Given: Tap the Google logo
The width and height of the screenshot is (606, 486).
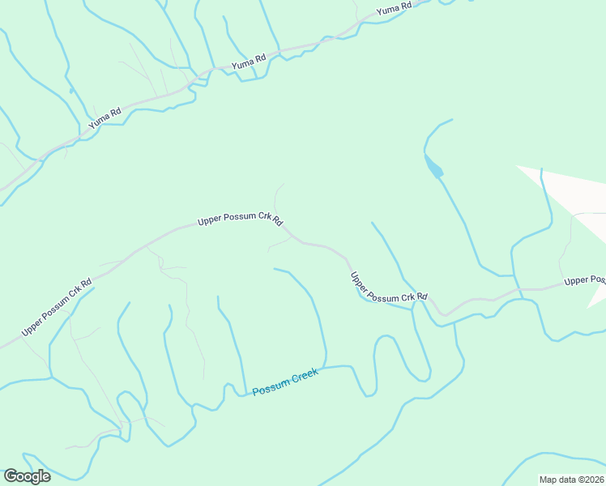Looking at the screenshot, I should [27, 476].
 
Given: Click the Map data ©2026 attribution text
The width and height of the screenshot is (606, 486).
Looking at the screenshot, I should [571, 480].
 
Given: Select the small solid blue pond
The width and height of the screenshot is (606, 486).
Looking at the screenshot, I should [433, 166].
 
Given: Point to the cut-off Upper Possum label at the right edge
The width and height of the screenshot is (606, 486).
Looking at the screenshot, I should [585, 280].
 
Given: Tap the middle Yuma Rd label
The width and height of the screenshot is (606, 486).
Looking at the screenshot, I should [249, 62].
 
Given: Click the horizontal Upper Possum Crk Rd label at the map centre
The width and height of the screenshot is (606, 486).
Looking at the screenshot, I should [241, 220].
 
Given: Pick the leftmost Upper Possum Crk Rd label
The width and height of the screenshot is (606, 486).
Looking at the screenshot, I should [58, 307].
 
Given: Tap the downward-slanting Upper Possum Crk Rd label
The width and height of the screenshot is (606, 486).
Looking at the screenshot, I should [388, 288].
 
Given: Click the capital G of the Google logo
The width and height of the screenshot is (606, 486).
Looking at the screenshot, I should [11, 476].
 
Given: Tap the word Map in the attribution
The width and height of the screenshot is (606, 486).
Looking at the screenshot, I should [548, 480].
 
